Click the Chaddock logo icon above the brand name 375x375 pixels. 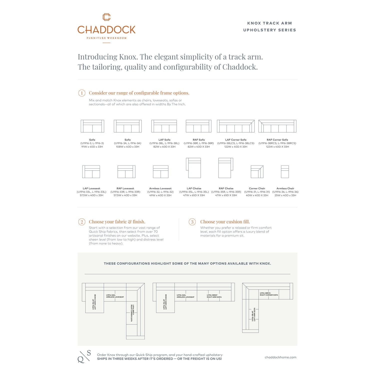(x=106, y=17)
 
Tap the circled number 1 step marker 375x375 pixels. (x=82, y=93)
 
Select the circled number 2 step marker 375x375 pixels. (x=82, y=222)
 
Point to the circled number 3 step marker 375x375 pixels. (x=192, y=222)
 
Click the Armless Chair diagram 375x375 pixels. (x=285, y=172)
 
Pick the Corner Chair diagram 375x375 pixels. (x=257, y=172)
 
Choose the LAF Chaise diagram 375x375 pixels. (x=193, y=168)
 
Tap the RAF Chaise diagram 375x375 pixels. (x=226, y=168)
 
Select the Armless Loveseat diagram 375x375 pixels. (x=160, y=172)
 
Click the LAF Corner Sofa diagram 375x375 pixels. (x=236, y=126)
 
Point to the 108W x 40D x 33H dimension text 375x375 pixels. (x=127, y=147)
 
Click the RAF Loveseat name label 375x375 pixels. (x=125, y=188)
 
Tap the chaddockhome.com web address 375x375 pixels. (x=280, y=357)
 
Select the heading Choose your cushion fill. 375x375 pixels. (x=225, y=222)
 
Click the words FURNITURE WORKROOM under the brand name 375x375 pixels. (x=106, y=38)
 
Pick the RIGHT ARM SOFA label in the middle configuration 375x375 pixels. (x=214, y=297)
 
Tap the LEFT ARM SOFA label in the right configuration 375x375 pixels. (x=254, y=314)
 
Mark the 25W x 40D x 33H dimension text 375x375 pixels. (x=285, y=195)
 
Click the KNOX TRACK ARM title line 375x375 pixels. (x=269, y=23)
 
